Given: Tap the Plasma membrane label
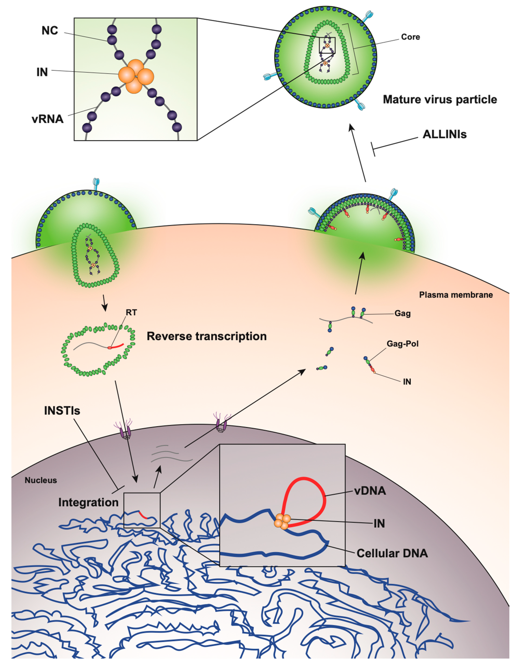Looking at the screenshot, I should (x=456, y=295).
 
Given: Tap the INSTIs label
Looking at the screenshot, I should (x=62, y=411).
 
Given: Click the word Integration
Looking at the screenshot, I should (x=88, y=502).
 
